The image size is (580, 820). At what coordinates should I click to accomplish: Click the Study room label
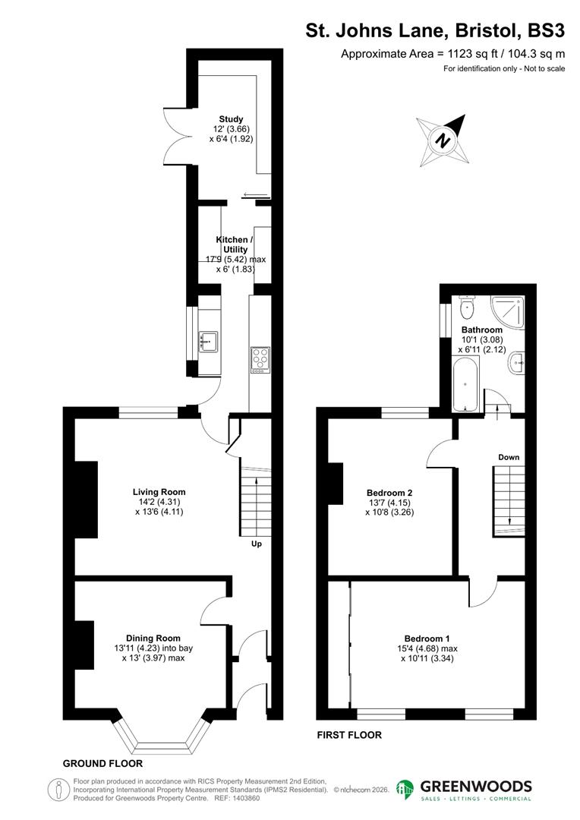232,119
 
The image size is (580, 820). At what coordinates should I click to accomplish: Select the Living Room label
159,492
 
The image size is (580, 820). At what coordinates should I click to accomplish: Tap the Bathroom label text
482,330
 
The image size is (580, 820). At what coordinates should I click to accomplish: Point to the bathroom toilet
466,307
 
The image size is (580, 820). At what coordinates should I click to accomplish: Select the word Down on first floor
509,457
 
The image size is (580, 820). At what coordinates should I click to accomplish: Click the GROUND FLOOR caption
102,763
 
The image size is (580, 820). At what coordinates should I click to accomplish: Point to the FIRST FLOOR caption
348,735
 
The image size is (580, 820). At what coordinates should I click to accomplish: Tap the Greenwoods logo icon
405,789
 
